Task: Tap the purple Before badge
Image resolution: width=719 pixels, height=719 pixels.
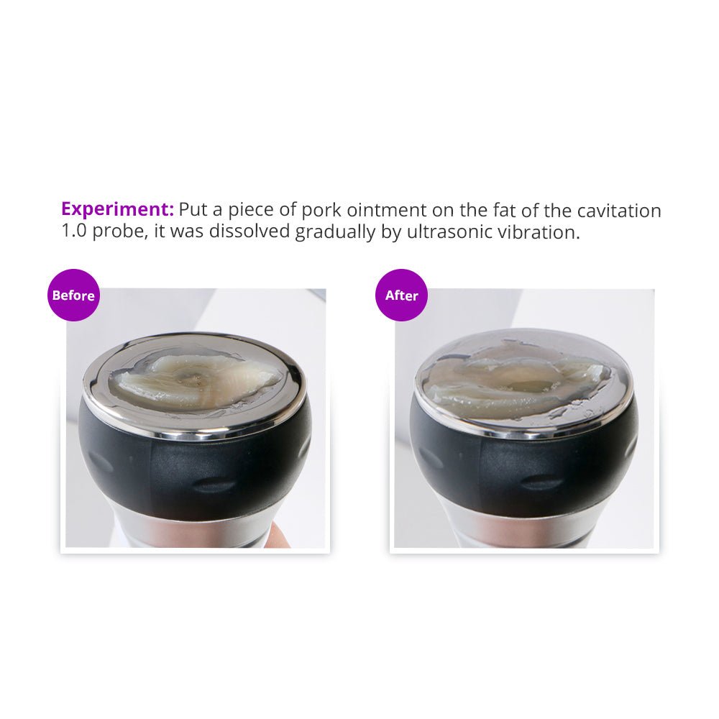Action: click(73, 295)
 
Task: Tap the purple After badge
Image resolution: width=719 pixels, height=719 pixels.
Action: click(402, 295)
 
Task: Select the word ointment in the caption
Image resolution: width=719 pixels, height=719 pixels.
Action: click(387, 210)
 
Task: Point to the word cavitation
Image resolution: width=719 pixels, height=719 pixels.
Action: click(618, 211)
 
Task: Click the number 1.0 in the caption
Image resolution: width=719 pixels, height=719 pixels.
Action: click(74, 231)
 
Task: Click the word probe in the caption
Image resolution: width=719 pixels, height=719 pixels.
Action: click(119, 232)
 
